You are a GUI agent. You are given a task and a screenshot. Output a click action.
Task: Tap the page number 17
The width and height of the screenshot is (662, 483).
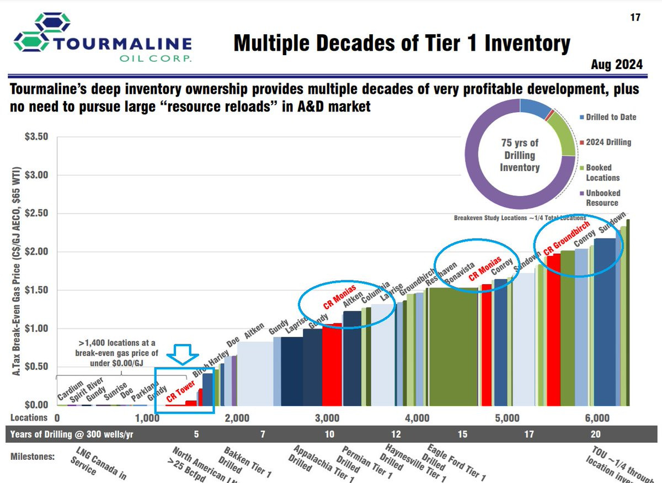click(635, 17)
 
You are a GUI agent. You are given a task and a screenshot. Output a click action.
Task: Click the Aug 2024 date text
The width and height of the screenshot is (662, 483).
click(617, 65)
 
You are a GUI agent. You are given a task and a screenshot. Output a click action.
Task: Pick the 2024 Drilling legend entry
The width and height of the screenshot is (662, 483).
click(607, 142)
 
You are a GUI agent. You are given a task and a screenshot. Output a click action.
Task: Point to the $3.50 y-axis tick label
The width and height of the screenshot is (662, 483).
click(37, 137)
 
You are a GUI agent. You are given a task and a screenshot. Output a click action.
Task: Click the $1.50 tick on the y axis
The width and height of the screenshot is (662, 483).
click(37, 290)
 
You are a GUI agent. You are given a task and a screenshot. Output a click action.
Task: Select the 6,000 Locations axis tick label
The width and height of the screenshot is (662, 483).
click(597, 418)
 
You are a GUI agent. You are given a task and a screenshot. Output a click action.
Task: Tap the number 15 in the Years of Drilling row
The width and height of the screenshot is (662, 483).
click(462, 434)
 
